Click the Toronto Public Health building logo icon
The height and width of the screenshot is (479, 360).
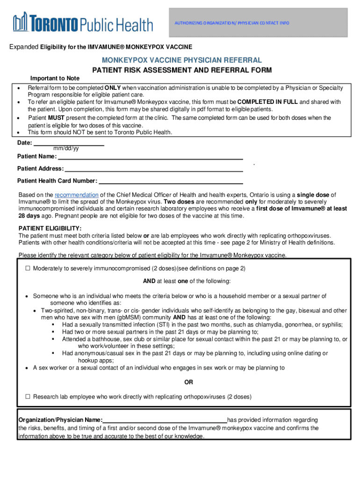point(21,22)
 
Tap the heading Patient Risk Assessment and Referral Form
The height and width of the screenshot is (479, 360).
point(181,70)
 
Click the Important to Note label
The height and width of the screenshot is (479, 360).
point(55,78)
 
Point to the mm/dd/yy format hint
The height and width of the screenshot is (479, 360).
point(66,149)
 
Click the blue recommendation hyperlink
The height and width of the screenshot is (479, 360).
point(77,195)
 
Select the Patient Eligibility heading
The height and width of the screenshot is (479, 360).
point(50,228)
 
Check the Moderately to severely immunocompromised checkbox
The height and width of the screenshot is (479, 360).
point(28,269)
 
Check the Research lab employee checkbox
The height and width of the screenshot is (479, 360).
point(28,397)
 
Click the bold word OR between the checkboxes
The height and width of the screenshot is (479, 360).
point(188,383)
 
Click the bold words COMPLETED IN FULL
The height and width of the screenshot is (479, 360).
point(267,102)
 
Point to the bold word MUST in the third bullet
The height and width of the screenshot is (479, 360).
point(57,118)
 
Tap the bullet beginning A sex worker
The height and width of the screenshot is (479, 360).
point(28,368)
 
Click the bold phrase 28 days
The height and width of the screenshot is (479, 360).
point(29,216)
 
